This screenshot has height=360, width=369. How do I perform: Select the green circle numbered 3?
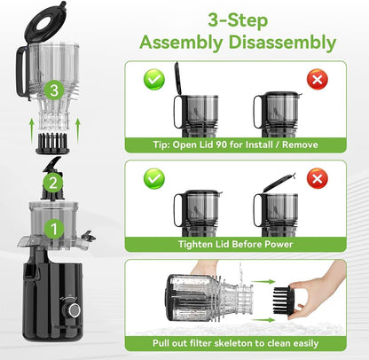pos(52,89)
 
